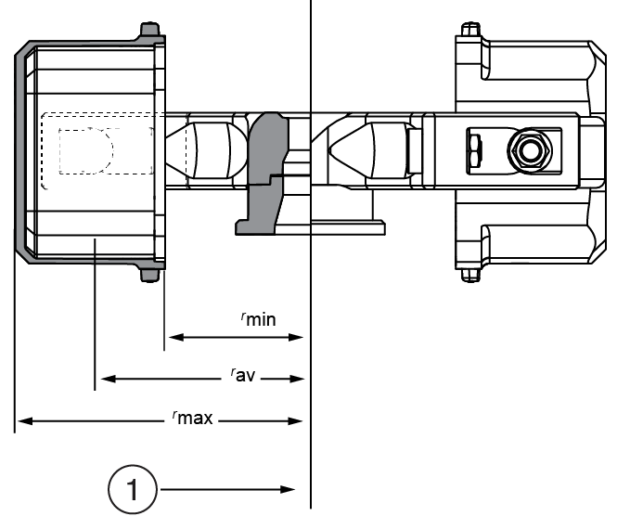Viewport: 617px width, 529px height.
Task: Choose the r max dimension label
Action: pos(193,419)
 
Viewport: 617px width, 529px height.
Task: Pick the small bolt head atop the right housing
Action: pos(469,31)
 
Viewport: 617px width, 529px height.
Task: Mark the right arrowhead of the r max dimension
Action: pos(298,421)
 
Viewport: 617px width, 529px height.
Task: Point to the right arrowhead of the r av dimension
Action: pos(298,379)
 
